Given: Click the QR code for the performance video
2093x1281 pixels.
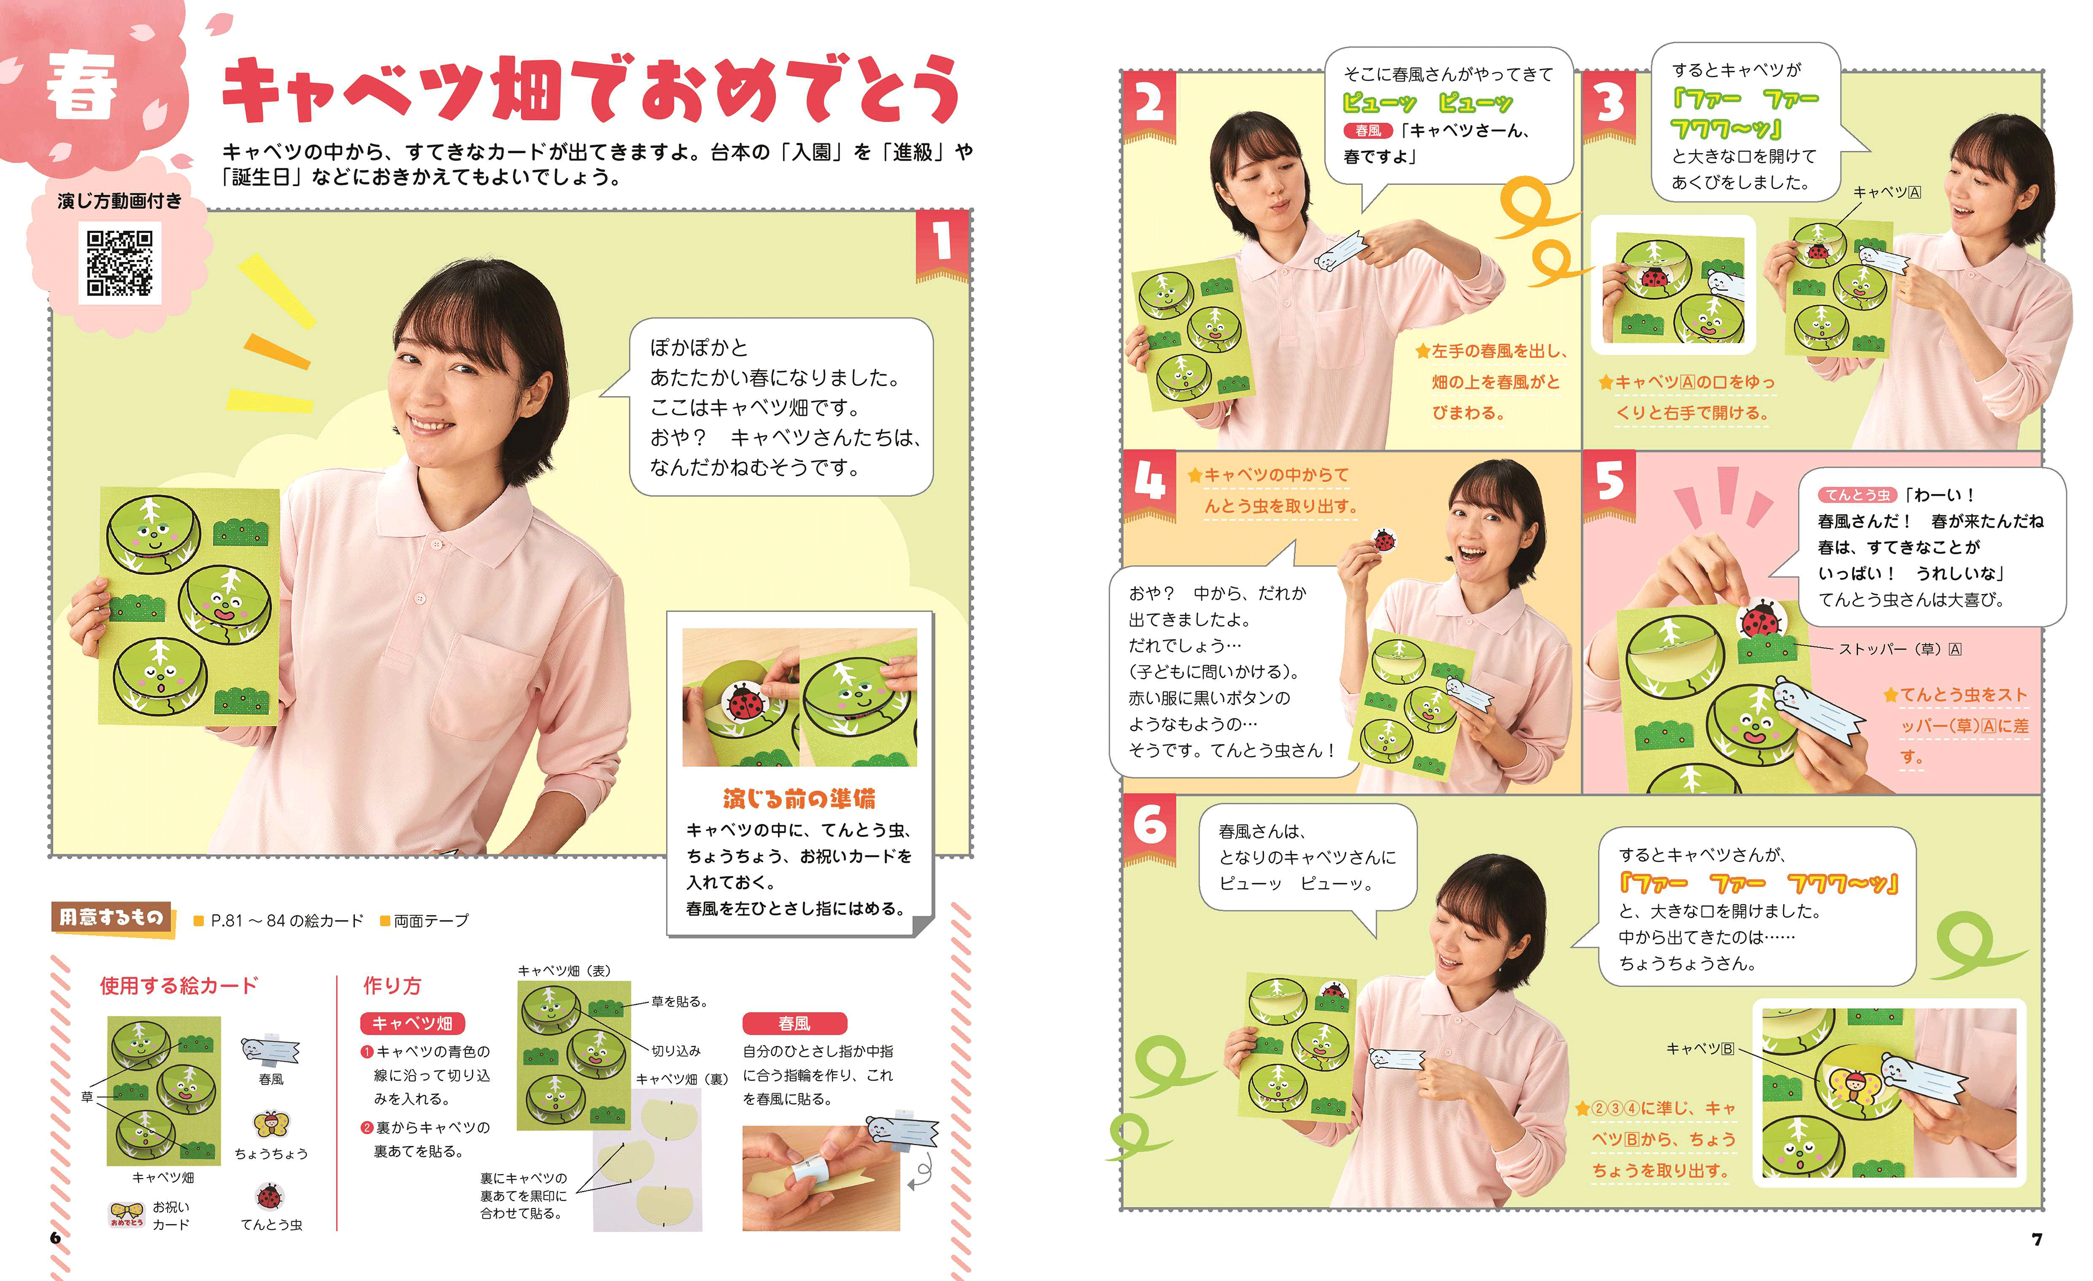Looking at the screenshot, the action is (x=120, y=263).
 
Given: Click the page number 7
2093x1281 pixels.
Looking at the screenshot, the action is (x=2036, y=1239).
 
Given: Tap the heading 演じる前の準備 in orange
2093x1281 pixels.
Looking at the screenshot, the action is (x=799, y=798).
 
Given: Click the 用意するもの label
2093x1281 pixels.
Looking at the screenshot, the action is (x=111, y=918).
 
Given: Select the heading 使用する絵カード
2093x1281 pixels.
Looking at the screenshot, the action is (x=178, y=986).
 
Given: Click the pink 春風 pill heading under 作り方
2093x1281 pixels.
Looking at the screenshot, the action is (x=794, y=1023).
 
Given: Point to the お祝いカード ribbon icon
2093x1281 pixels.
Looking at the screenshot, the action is (x=127, y=1215).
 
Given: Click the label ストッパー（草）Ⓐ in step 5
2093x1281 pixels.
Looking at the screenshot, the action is (x=1900, y=649).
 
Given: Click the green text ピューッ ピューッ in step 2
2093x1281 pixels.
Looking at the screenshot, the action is (x=1427, y=104).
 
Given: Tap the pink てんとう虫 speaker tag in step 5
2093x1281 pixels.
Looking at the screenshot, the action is (x=1858, y=495).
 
